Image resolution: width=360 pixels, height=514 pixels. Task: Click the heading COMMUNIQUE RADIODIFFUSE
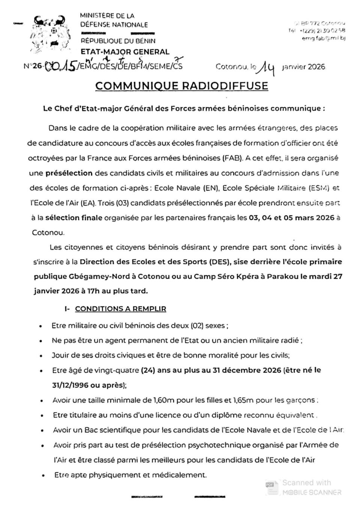pos(182,86)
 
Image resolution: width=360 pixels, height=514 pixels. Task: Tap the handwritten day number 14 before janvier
pos(267,67)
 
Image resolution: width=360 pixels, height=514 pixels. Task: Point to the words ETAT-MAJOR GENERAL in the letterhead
pos(125,52)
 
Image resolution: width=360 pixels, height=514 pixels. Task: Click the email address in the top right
pos(323,38)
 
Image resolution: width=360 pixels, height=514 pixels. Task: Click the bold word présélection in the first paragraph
pos(69,173)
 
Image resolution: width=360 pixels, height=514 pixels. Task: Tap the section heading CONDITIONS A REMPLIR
pos(120,309)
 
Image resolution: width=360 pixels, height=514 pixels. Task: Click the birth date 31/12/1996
pos(70,385)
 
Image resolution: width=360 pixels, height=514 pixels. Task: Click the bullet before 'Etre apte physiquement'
pos(44,476)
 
